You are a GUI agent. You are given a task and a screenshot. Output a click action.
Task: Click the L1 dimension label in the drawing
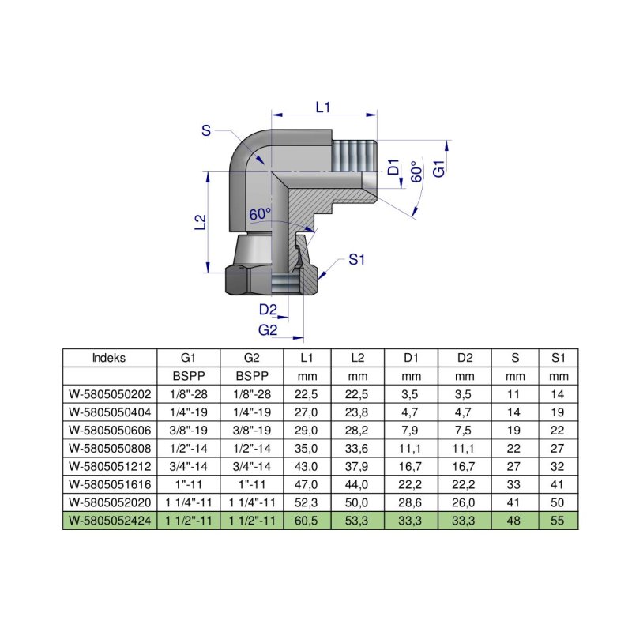[322, 107]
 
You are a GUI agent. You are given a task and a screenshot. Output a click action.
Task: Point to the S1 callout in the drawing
[359, 258]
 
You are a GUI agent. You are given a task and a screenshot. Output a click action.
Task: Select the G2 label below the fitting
[269, 329]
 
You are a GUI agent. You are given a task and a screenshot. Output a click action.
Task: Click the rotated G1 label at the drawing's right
[440, 168]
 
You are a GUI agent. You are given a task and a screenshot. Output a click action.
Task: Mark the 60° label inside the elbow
[260, 214]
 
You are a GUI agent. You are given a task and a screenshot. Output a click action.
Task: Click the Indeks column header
[109, 357]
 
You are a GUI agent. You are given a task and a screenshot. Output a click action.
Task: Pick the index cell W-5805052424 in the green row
[109, 521]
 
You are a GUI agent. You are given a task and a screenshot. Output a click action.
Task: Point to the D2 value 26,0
[465, 502]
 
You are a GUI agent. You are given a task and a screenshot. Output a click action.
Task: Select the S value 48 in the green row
[514, 521]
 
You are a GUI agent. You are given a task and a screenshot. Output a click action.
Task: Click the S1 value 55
[559, 521]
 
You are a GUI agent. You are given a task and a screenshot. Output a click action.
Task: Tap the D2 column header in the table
[465, 357]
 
